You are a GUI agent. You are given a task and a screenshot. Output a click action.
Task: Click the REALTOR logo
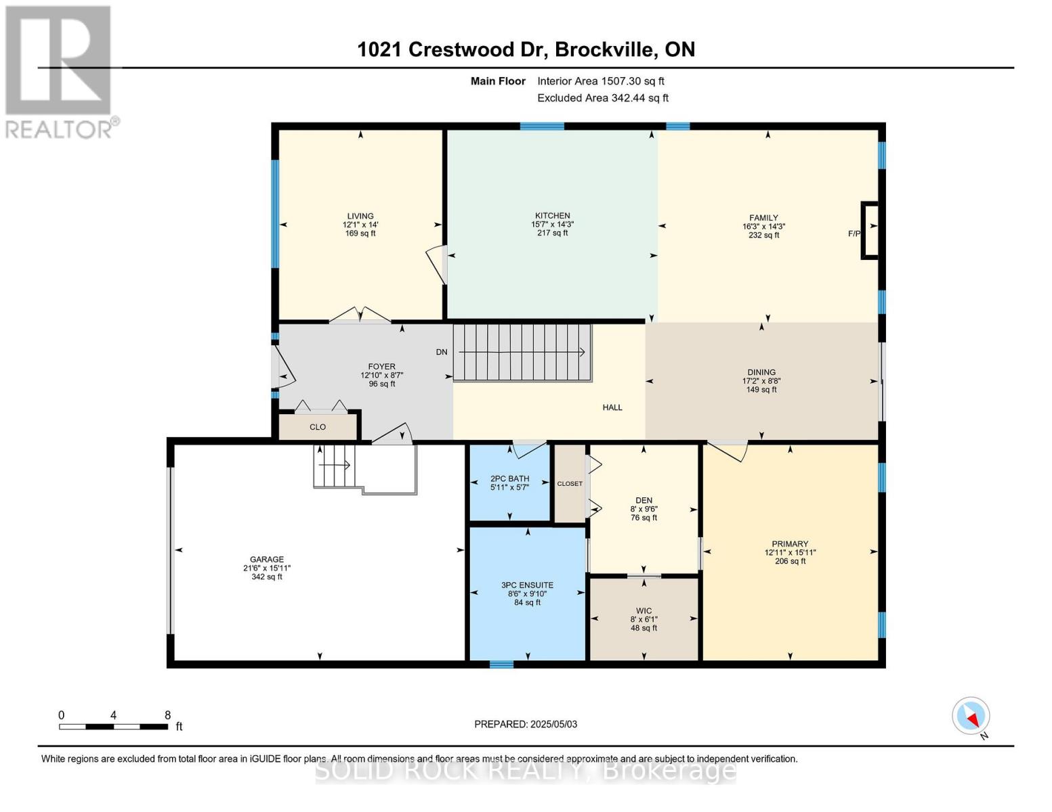click(60, 71)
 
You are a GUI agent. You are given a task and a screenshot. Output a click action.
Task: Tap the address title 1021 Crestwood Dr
click(526, 49)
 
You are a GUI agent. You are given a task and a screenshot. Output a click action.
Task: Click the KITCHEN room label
click(552, 216)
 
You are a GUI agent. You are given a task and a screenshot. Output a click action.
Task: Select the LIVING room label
click(360, 217)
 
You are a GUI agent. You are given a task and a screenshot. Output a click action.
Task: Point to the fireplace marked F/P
click(870, 231)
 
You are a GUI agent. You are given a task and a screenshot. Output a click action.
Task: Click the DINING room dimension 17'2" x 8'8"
click(761, 381)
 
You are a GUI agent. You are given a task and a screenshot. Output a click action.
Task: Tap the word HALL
click(612, 407)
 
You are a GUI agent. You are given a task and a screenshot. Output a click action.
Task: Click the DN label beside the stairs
click(442, 352)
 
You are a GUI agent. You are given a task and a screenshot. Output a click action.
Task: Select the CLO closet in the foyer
click(318, 427)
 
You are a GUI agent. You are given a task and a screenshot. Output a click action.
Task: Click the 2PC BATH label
click(509, 478)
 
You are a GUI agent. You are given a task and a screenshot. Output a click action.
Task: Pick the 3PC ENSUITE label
click(527, 585)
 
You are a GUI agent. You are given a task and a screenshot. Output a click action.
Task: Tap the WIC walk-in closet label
click(644, 611)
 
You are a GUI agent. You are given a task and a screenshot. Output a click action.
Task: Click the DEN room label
click(644, 500)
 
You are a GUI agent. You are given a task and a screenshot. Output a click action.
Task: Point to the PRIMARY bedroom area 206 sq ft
click(790, 561)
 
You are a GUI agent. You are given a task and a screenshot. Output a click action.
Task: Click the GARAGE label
click(267, 560)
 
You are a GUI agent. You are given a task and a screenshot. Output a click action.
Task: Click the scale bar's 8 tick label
click(167, 715)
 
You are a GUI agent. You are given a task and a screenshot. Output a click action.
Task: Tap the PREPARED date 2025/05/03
click(526, 724)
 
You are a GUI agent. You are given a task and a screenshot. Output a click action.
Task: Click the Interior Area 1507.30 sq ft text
click(600, 81)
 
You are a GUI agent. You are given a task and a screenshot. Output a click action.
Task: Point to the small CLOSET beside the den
click(570, 484)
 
